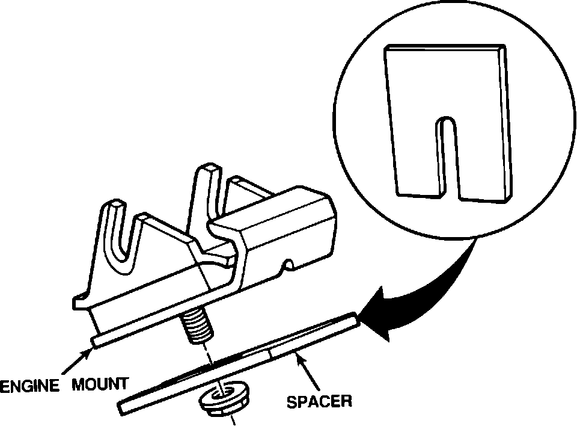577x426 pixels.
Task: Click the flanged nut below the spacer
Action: [x=224, y=401]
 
